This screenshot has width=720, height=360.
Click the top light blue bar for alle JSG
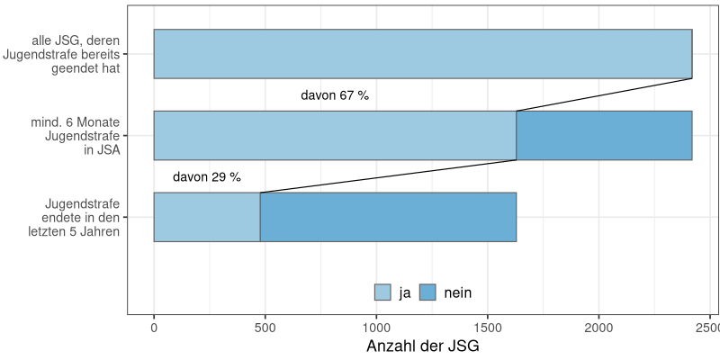[x=423, y=54]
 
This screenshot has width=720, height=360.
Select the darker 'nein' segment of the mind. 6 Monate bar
[x=604, y=135]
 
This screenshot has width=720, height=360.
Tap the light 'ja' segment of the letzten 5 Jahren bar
[x=207, y=217]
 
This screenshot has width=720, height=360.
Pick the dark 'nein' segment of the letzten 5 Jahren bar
[x=388, y=217]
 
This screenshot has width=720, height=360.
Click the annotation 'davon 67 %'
[x=335, y=95]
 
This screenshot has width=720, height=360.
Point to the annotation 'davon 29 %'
[x=207, y=177]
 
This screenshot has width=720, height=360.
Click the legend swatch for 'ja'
[x=382, y=292]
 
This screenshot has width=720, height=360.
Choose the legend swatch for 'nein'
[x=427, y=292]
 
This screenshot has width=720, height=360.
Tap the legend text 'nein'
[x=458, y=292]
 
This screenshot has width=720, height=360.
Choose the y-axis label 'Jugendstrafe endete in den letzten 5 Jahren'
[x=76, y=217]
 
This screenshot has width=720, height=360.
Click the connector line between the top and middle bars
[x=604, y=94]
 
